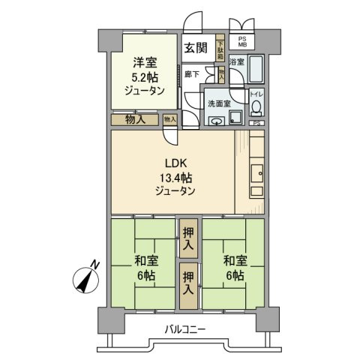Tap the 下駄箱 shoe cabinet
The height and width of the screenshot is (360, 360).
point(220,49)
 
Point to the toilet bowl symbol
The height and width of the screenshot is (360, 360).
point(255,106)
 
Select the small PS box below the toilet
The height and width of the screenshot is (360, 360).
point(256,122)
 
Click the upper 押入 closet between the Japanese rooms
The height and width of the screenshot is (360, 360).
point(188,237)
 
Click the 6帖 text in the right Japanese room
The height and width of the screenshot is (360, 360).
point(232,275)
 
